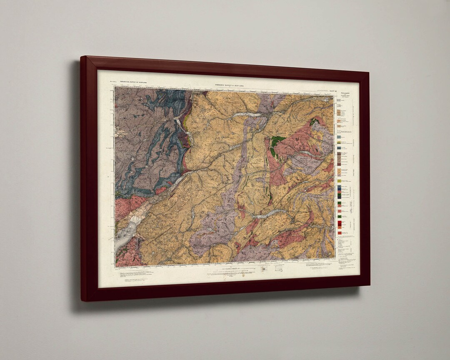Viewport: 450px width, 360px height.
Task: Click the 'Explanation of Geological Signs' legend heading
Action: pyautogui.click(x=345, y=96)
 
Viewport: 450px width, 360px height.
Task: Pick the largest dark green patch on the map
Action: pyautogui.click(x=275, y=144)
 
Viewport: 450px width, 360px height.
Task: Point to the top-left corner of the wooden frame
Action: pyautogui.click(x=82, y=57)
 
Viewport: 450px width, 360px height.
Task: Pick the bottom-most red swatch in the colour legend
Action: pyautogui.click(x=339, y=232)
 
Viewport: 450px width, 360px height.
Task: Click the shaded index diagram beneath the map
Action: pyautogui.click(x=264, y=269)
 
